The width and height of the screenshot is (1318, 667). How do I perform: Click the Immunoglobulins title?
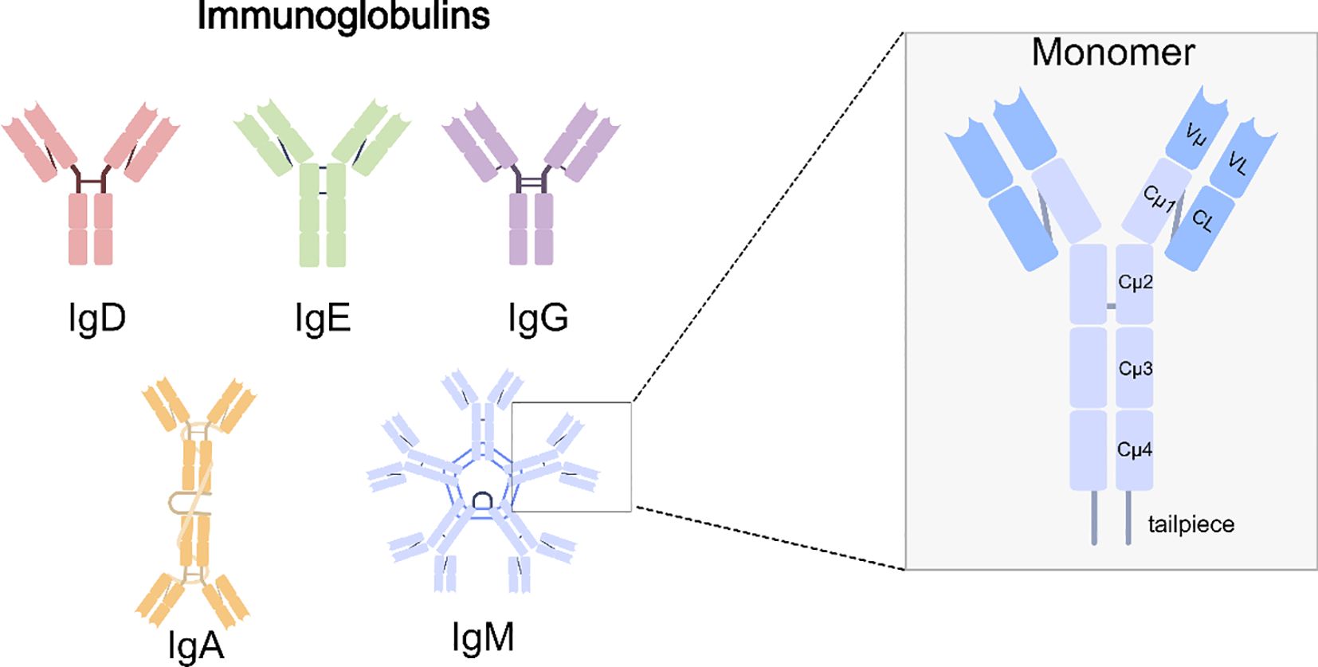pyautogui.click(x=343, y=16)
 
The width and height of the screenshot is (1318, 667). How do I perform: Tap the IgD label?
pyautogui.click(x=97, y=318)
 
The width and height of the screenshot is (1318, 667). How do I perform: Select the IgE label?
pyautogui.click(x=322, y=318)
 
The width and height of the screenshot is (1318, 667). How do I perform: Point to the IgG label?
pyautogui.click(x=538, y=318)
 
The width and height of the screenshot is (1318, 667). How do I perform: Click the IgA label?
pyautogui.click(x=196, y=645)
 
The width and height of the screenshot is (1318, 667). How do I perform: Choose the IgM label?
pyautogui.click(x=483, y=637)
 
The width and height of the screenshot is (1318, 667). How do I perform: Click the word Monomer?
pyautogui.click(x=1112, y=53)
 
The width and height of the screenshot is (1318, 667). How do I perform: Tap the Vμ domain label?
pyautogui.click(x=1195, y=135)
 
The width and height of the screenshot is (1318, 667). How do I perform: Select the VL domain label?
pyautogui.click(x=1238, y=163)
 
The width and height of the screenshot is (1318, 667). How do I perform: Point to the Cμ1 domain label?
pyautogui.click(x=1159, y=198)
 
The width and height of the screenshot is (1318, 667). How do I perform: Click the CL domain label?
pyautogui.click(x=1202, y=220)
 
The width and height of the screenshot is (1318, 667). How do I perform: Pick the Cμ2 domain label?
pyautogui.click(x=1136, y=282)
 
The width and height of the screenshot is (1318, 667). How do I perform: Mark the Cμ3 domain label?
pyautogui.click(x=1136, y=369)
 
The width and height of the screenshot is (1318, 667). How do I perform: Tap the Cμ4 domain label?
pyautogui.click(x=1135, y=449)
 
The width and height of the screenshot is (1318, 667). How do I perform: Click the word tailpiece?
pyautogui.click(x=1191, y=524)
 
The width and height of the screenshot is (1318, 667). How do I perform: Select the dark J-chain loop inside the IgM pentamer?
pyautogui.click(x=482, y=500)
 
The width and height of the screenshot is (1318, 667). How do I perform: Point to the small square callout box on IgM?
pyautogui.click(x=571, y=456)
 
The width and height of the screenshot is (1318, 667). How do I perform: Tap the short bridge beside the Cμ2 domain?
pyautogui.click(x=1111, y=306)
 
